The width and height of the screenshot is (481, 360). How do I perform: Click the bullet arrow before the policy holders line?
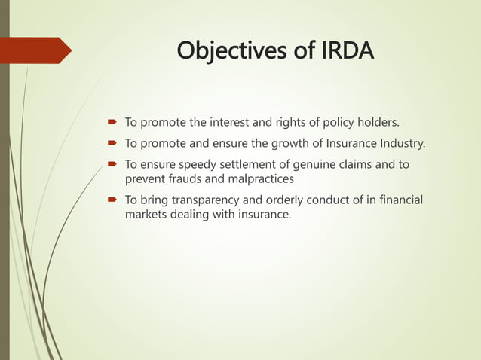111,121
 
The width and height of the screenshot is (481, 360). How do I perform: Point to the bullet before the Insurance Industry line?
111,143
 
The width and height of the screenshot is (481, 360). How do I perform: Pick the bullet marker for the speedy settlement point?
111,165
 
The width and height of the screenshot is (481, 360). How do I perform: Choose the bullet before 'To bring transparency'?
111,200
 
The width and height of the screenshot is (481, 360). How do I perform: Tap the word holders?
376,121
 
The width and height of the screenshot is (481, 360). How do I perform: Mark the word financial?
398,200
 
